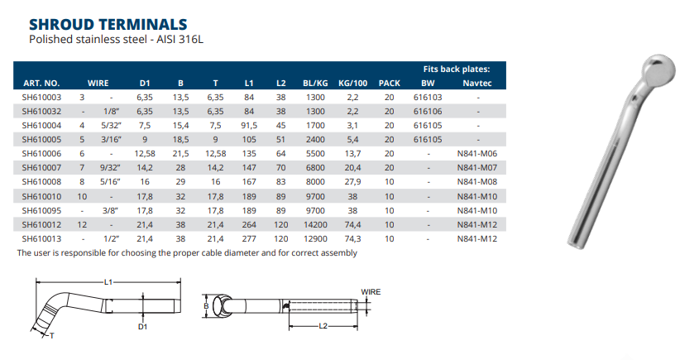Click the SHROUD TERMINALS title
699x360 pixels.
108,24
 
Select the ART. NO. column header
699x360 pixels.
41,83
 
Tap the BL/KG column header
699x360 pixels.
315,83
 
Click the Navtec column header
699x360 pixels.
476,83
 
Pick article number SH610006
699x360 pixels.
41,153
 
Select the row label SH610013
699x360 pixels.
41,238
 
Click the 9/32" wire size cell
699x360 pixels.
111,168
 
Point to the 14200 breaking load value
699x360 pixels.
315,224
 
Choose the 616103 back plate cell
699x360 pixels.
428,97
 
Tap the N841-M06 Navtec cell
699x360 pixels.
476,153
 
